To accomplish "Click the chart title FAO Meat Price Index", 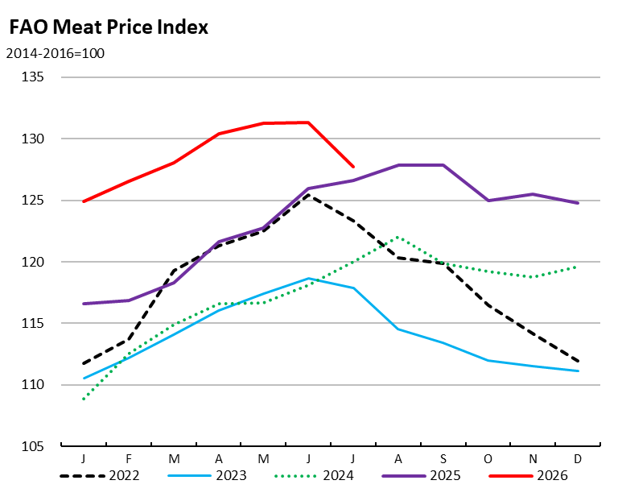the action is click(109, 27).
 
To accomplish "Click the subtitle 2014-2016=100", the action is click(56, 53).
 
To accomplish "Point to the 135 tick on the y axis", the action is click(32, 77).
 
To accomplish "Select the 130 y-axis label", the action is click(32, 139).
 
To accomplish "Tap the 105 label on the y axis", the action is click(32, 446).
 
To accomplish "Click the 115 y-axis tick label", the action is click(32, 323).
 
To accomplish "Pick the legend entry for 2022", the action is click(100, 475).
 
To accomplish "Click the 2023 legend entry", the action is click(207, 475).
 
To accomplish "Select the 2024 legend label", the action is click(314, 475).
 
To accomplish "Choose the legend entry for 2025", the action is click(422, 475).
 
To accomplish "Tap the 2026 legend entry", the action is click(529, 475).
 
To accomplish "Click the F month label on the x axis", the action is click(129, 459).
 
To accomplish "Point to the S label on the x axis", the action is click(443, 459).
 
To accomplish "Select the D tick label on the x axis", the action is click(578, 459).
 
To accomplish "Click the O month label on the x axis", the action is click(488, 459).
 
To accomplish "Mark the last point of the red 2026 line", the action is click(353, 167).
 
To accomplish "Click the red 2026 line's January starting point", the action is click(84, 201).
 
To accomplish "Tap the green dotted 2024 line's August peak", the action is click(398, 238).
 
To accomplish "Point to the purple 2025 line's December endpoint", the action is click(578, 203).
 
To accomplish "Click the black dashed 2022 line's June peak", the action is click(308, 195).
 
